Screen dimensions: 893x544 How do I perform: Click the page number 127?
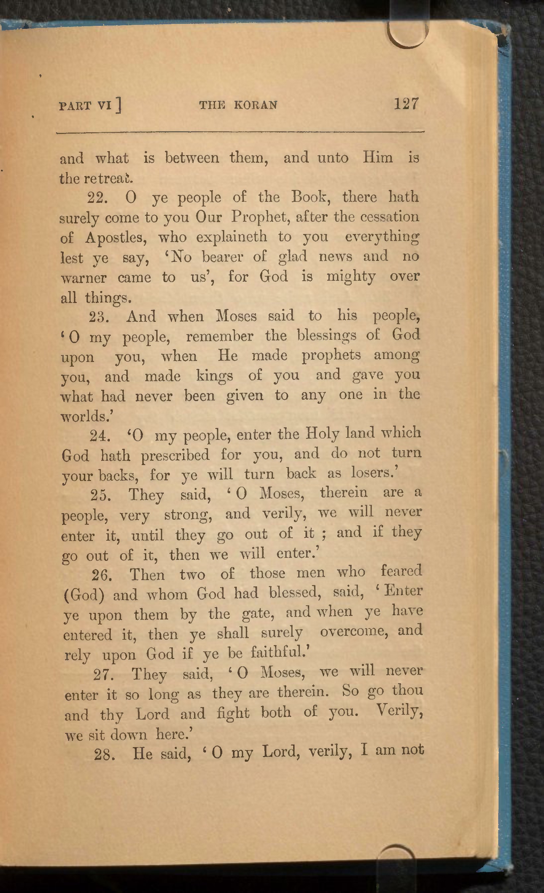[x=406, y=104]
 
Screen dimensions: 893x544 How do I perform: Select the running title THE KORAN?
[x=238, y=105]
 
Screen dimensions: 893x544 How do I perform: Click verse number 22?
[x=98, y=198]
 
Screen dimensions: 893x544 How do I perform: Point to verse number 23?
[x=99, y=317]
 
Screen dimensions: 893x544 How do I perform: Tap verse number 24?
[x=100, y=436]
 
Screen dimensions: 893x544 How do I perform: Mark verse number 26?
[x=102, y=575]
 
